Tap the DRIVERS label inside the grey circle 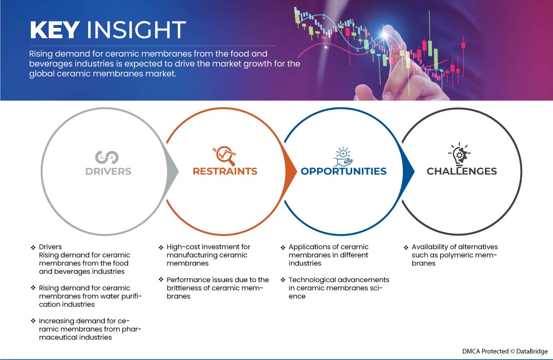tap(108, 171)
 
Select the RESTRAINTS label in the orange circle tap(225, 171)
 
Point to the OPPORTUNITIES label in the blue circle tap(343, 171)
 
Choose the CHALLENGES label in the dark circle tap(462, 171)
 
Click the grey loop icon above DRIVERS tap(107, 157)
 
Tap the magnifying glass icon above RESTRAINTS tap(224, 155)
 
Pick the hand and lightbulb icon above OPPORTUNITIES tap(343, 157)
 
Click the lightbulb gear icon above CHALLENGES tap(459, 154)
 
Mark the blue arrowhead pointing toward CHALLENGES tap(409, 171)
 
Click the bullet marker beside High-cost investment tap(161, 247)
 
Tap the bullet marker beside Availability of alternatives tap(406, 247)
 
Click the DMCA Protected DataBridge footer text tap(505, 352)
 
